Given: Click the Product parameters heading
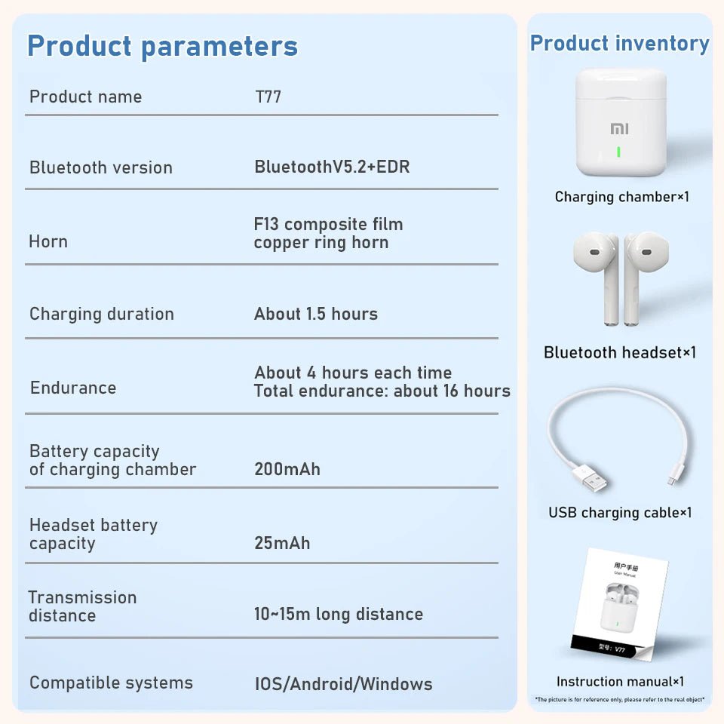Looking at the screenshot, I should click(162, 46).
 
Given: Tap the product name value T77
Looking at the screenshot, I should click(268, 97).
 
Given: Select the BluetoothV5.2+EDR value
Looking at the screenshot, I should click(332, 167).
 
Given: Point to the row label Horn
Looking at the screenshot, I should click(48, 241).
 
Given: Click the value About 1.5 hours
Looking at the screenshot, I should click(316, 314).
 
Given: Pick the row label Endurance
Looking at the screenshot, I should click(73, 388).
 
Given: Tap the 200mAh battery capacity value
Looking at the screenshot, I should click(287, 469).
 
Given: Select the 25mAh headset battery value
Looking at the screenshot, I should click(282, 543).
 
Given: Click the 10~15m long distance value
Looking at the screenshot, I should click(339, 614).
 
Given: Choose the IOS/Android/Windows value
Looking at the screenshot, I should click(343, 684).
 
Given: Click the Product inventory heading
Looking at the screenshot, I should click(619, 43).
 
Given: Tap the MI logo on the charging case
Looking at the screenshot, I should click(619, 129).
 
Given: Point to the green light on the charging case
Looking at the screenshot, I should click(618, 152).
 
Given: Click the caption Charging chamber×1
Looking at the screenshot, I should click(622, 197).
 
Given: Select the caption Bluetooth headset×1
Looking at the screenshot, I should click(620, 352).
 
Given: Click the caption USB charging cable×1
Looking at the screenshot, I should click(620, 513).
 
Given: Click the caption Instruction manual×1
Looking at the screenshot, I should click(620, 682).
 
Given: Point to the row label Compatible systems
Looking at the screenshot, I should click(111, 683).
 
